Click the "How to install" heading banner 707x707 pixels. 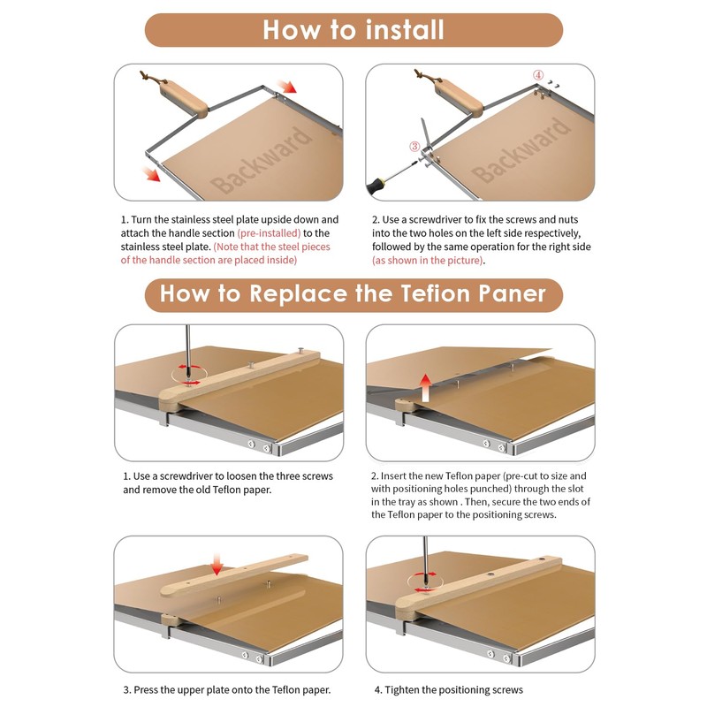pos(353,30)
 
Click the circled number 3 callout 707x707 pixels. pos(414,146)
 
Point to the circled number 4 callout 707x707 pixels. pos(538,75)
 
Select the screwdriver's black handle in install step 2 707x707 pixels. pos(376,186)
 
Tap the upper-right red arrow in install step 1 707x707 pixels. pos(286,86)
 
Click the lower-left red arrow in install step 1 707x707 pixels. pos(151,173)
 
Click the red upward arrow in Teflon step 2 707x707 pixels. pos(425,387)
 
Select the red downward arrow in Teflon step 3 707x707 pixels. pos(217,565)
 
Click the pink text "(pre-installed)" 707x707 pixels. pos(269,233)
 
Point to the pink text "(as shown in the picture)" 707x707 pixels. pos(428,260)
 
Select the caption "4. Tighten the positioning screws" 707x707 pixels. pos(449,689)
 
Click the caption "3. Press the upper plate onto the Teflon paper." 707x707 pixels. pos(227,689)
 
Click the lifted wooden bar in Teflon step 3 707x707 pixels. pos(234,575)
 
